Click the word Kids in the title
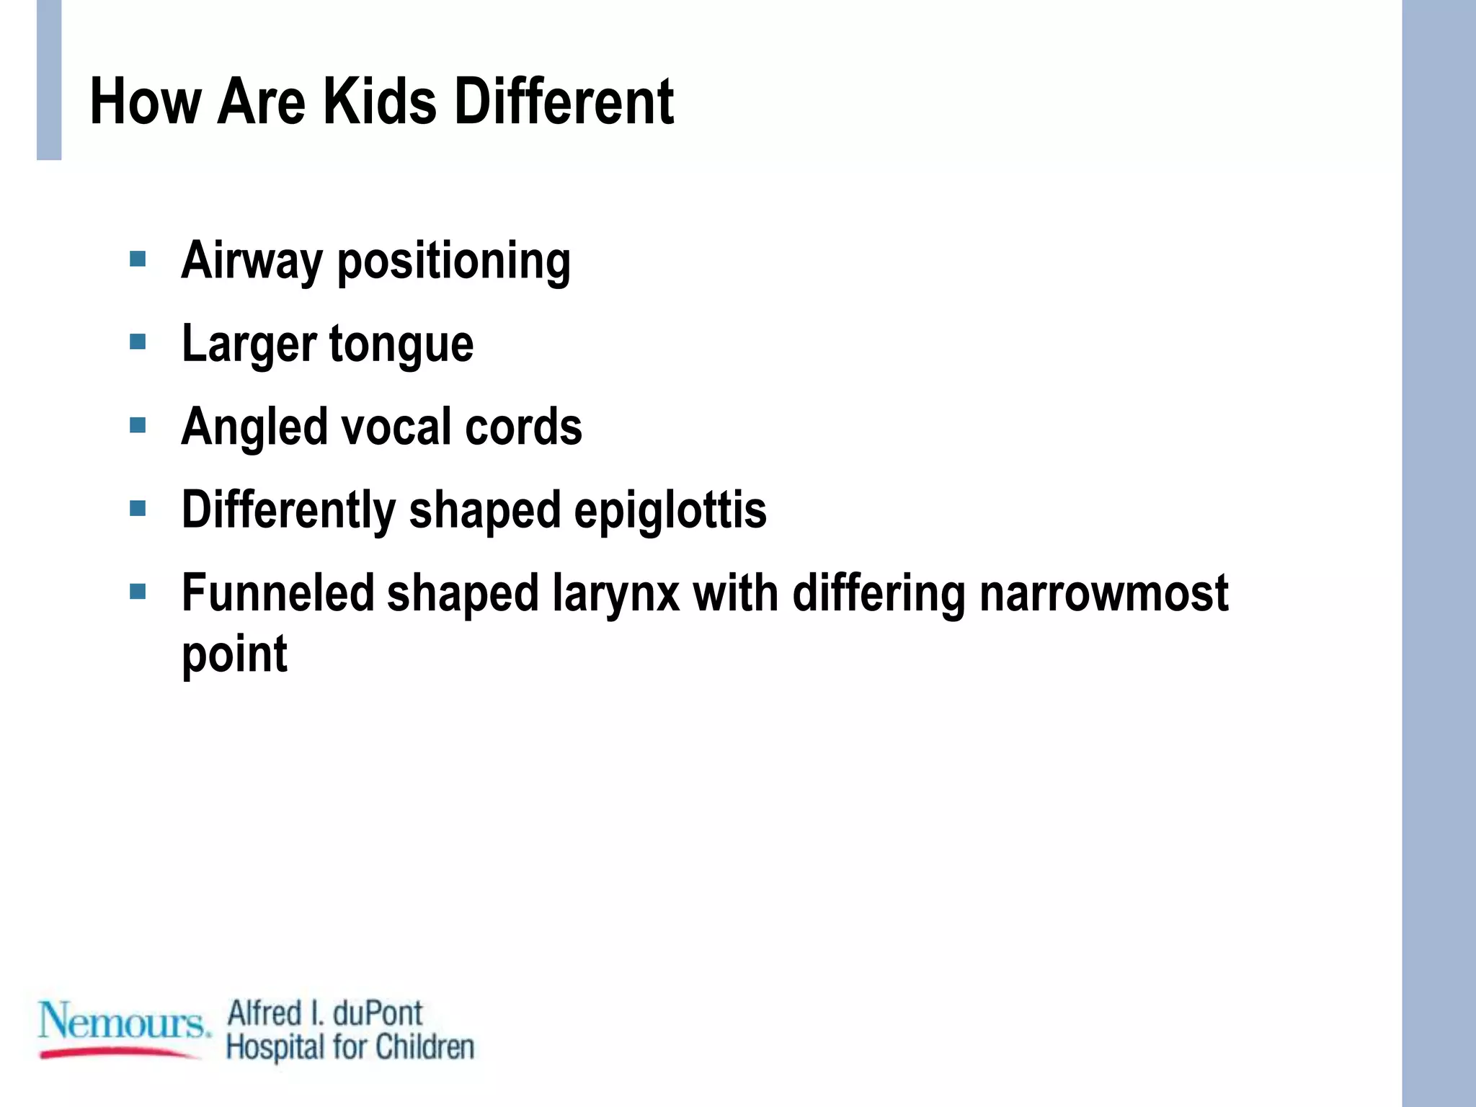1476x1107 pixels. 379,102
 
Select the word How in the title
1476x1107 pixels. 145,102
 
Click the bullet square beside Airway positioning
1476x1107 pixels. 138,259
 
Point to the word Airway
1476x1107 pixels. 252,261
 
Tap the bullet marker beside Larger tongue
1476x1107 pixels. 138,341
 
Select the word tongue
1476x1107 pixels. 401,345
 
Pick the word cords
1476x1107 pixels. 523,427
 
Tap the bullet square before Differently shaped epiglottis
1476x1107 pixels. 138,509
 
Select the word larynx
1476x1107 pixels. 615,595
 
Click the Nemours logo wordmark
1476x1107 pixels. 123,1021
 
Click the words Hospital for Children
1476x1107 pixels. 350,1047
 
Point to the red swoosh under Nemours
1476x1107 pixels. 119,1053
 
